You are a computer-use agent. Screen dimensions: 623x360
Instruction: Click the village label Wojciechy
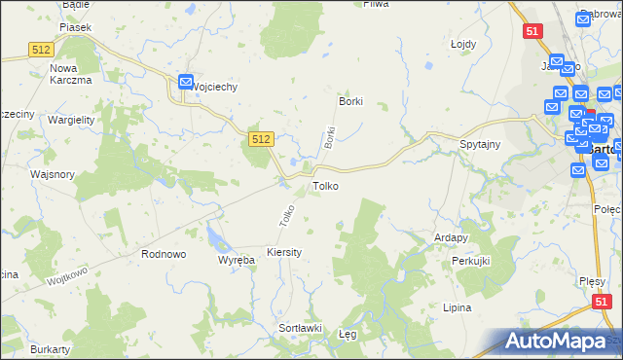point(215,86)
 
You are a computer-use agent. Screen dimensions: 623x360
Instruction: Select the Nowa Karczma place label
point(70,74)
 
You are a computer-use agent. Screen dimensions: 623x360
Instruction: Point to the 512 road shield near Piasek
point(41,50)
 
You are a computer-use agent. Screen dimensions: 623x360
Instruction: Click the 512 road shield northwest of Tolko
point(260,140)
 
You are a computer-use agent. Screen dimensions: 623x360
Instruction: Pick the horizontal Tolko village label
point(325,185)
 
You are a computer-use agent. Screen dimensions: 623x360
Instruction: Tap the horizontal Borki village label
point(349,101)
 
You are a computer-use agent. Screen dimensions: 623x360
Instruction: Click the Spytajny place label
point(480,144)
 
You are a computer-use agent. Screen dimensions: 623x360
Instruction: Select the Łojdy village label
point(462,44)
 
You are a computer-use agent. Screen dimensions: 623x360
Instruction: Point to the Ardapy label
point(452,236)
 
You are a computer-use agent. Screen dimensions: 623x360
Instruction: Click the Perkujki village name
point(470,263)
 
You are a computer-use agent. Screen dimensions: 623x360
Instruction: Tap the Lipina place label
point(456,307)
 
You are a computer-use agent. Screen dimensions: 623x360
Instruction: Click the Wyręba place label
point(236,261)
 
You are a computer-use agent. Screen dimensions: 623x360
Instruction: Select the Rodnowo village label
point(164,254)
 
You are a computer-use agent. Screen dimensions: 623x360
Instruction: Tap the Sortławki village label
point(301,328)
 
